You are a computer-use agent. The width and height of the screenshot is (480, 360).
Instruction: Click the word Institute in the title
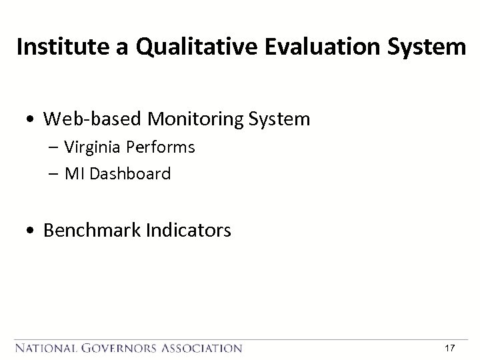pyautogui.click(x=57, y=47)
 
